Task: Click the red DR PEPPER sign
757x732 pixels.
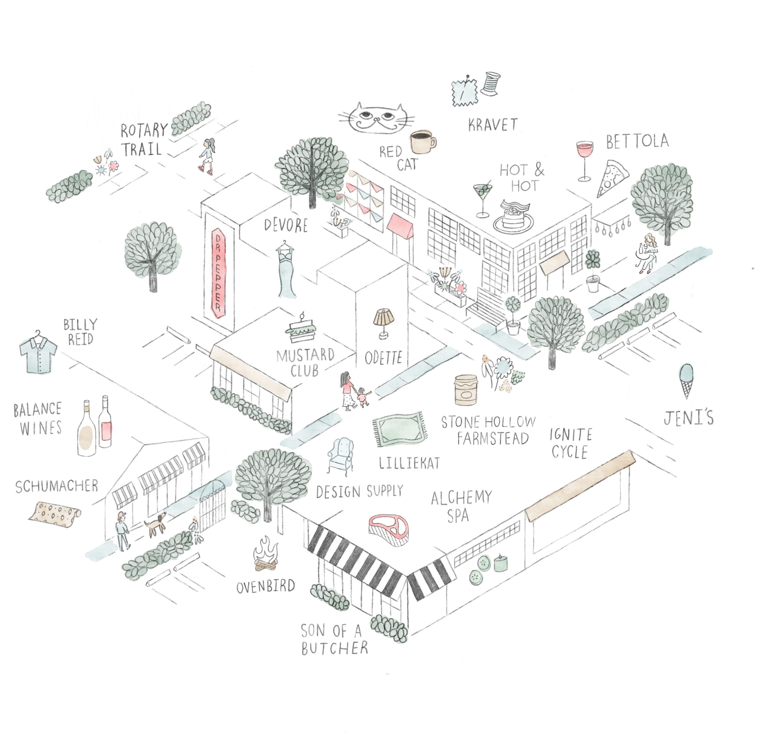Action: (x=218, y=273)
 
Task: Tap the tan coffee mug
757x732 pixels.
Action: (x=421, y=142)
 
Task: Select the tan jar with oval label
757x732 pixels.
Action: (x=466, y=390)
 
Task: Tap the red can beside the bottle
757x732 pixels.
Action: (x=107, y=430)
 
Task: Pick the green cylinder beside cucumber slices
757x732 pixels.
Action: (x=500, y=563)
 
